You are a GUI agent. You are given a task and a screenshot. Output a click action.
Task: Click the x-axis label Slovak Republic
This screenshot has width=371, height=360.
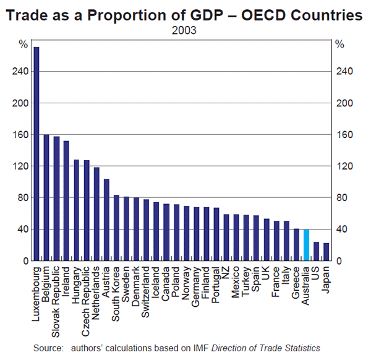point(56,293)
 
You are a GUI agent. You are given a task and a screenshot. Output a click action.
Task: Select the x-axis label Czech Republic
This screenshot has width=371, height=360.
point(87,292)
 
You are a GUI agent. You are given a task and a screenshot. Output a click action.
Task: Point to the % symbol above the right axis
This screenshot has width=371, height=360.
point(339,44)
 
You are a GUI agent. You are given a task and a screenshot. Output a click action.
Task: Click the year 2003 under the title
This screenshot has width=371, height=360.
point(185,28)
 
